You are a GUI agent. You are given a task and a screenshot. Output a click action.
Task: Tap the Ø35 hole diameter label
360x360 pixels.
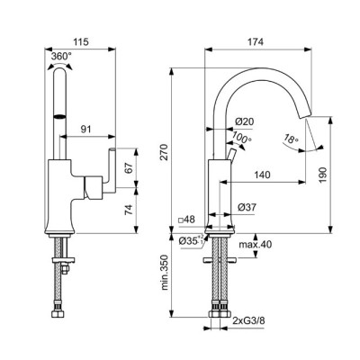[x=191, y=241]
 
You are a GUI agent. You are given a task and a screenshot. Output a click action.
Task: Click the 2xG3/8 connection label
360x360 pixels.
[x=247, y=319]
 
